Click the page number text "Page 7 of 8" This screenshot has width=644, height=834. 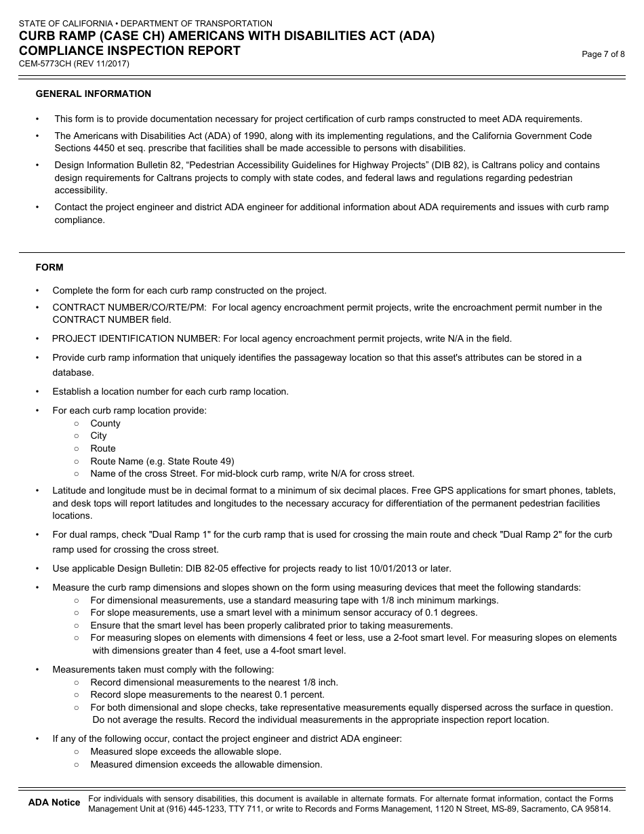point(603,55)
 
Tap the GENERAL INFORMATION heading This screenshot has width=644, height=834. point(94,94)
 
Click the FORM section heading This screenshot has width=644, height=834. point(49,267)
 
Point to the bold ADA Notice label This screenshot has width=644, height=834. point(54,803)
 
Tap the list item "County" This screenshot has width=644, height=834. point(105,423)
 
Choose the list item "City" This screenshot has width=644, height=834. point(98,436)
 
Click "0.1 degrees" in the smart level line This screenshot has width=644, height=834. point(452,612)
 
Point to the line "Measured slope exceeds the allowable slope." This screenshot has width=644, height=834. point(186,751)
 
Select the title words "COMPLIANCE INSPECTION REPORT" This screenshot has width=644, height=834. point(129,51)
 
